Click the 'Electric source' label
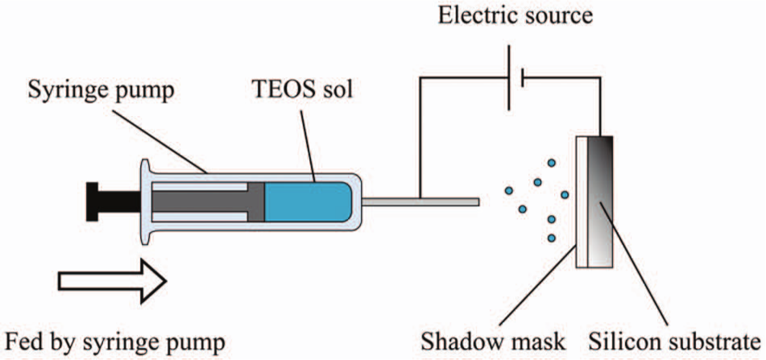tap(515, 16)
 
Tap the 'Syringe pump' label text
tap(101, 91)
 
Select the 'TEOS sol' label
tap(301, 90)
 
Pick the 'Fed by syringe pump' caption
tap(115, 343)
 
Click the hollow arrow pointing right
tap(113, 281)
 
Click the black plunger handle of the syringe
tap(113, 201)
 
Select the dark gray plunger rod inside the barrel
tap(208, 201)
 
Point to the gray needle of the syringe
tap(420, 201)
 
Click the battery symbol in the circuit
tap(515, 78)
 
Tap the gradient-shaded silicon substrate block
tap(600, 201)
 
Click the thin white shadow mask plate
tap(582, 201)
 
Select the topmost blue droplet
tap(552, 163)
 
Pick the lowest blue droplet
tap(552, 238)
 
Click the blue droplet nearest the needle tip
tap(509, 190)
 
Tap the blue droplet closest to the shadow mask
tap(565, 195)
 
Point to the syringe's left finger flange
tap(146, 201)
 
